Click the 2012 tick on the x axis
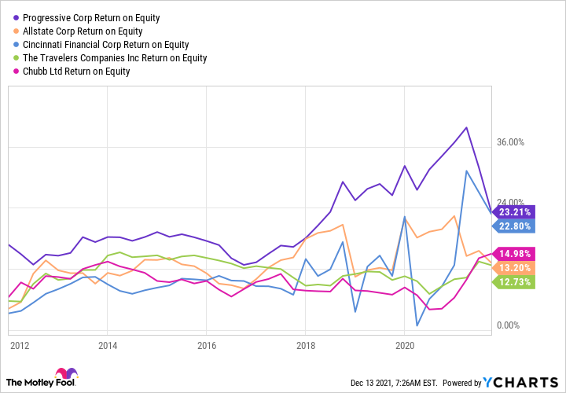20,345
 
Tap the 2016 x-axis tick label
207,345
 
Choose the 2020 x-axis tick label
404,345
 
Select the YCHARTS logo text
520,381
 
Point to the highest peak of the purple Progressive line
467,127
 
